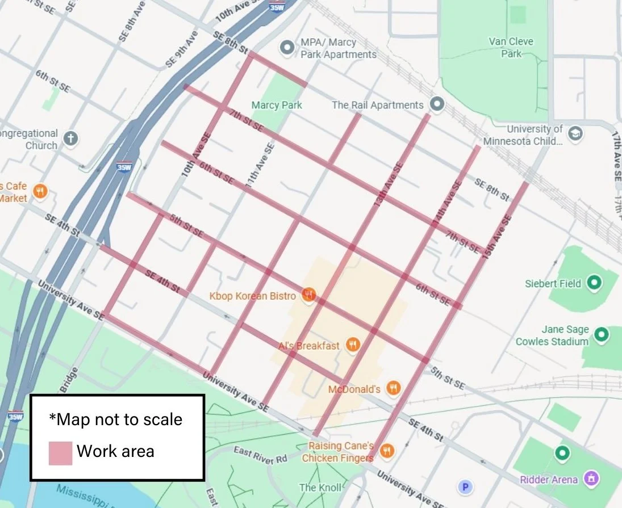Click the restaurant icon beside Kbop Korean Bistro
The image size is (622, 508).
(x=309, y=295)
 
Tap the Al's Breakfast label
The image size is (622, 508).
(x=309, y=346)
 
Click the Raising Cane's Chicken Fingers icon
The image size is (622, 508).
(x=387, y=451)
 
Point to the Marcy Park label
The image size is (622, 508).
(x=277, y=105)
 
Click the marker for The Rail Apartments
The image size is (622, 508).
(x=437, y=104)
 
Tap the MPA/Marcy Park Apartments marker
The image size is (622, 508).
(x=288, y=45)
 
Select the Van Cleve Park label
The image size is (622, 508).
(x=511, y=48)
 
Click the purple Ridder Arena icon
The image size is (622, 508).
(x=591, y=479)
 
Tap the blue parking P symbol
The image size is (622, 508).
(x=466, y=486)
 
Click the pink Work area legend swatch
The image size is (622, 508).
(x=60, y=452)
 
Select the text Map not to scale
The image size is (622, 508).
(x=116, y=419)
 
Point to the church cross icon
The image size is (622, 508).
(x=70, y=138)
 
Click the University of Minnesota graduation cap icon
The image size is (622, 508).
(x=575, y=134)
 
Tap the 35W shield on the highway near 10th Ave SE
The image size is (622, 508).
(x=124, y=168)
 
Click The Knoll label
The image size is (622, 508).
(x=320, y=487)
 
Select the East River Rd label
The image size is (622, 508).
(x=261, y=455)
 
